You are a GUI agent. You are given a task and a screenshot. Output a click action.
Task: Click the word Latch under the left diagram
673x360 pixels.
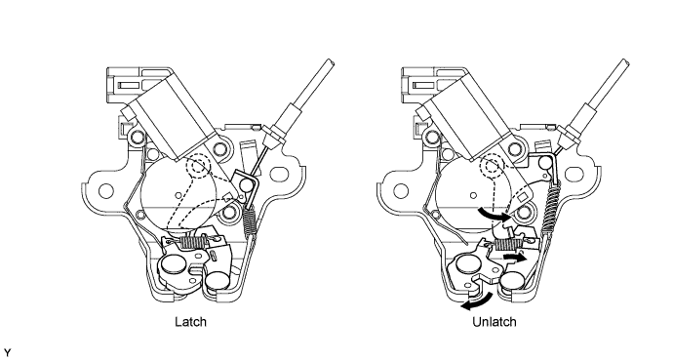[x=190, y=321]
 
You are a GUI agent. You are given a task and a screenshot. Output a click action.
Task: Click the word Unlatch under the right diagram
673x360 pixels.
[x=495, y=321]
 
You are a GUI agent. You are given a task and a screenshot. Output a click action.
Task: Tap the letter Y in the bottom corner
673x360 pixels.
[x=7, y=353]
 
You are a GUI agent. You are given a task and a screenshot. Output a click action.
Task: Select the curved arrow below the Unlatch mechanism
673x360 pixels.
[x=476, y=303]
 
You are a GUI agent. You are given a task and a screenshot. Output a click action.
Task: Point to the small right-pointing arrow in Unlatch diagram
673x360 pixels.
[x=514, y=258]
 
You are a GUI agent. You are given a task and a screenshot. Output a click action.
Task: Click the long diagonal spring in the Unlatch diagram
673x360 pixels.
[x=551, y=206]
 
